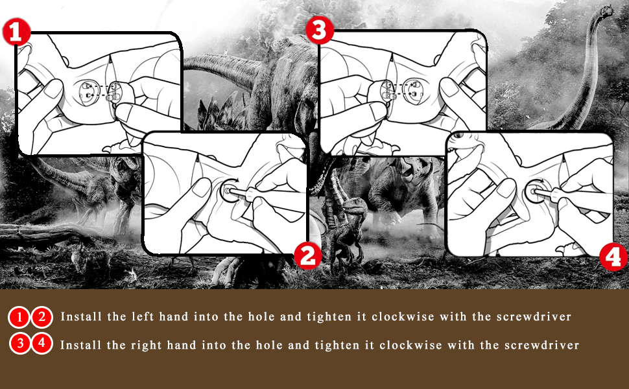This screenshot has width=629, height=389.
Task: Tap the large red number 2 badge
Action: [307, 256]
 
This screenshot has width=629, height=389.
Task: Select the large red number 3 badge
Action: [320, 30]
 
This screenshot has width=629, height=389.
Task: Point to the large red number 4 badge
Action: [613, 257]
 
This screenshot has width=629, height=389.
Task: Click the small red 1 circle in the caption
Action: [19, 318]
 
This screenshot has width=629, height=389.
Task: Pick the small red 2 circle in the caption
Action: [42, 318]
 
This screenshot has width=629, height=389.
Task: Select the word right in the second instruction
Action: [147, 346]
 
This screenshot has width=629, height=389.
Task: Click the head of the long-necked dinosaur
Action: [606, 11]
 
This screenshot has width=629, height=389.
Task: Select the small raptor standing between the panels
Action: [345, 229]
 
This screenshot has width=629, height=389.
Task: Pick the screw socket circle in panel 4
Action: [537, 192]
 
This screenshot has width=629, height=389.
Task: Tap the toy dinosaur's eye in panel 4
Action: [458, 135]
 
